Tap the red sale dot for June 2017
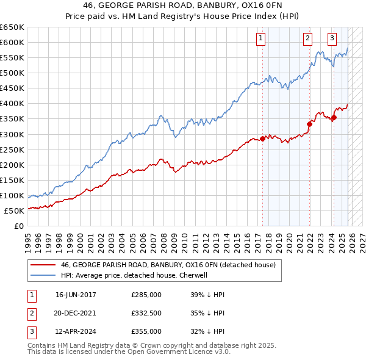263,139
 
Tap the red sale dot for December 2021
309,124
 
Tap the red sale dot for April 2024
334,117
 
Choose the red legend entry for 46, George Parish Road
168,265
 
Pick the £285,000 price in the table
146,294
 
